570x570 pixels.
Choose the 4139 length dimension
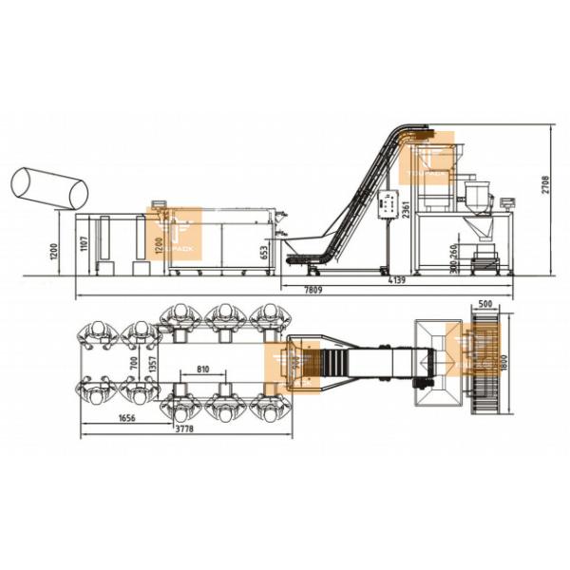pyautogui.click(x=396, y=280)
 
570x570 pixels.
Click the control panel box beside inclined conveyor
pyautogui.click(x=388, y=203)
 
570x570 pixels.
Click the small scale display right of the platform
pyautogui.click(x=507, y=202)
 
